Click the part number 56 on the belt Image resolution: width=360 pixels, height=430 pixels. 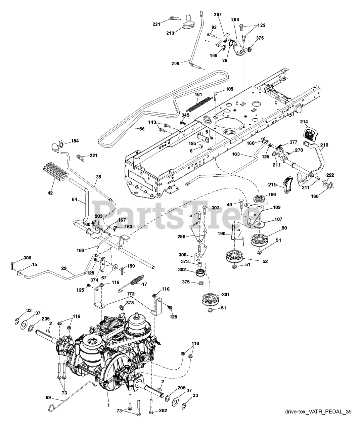tap(142, 128)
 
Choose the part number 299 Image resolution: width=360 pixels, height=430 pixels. tap(182, 236)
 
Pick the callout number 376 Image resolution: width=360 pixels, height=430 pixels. tap(260, 38)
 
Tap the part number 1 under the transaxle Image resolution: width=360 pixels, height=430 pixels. tap(108, 405)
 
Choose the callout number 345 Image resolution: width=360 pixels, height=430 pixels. tap(185, 115)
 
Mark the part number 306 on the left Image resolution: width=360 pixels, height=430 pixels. tap(27, 258)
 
